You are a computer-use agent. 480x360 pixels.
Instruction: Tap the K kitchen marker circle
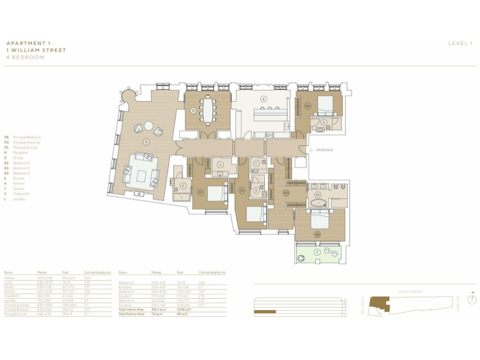(x=264, y=99)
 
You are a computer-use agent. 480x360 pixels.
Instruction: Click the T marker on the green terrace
(x=317, y=252)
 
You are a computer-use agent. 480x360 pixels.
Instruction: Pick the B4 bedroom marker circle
(x=307, y=106)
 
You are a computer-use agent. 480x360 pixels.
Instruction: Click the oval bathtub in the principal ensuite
(x=317, y=204)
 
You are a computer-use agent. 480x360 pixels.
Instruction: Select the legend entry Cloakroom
(x=22, y=194)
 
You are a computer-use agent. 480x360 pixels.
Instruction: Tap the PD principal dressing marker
(x=286, y=193)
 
